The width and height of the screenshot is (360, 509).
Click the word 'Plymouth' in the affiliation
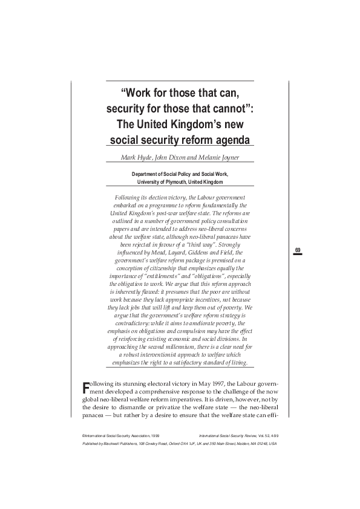click(x=173, y=182)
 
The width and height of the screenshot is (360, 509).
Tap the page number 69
click(x=298, y=250)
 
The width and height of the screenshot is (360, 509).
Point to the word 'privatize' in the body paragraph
click(x=172, y=409)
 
